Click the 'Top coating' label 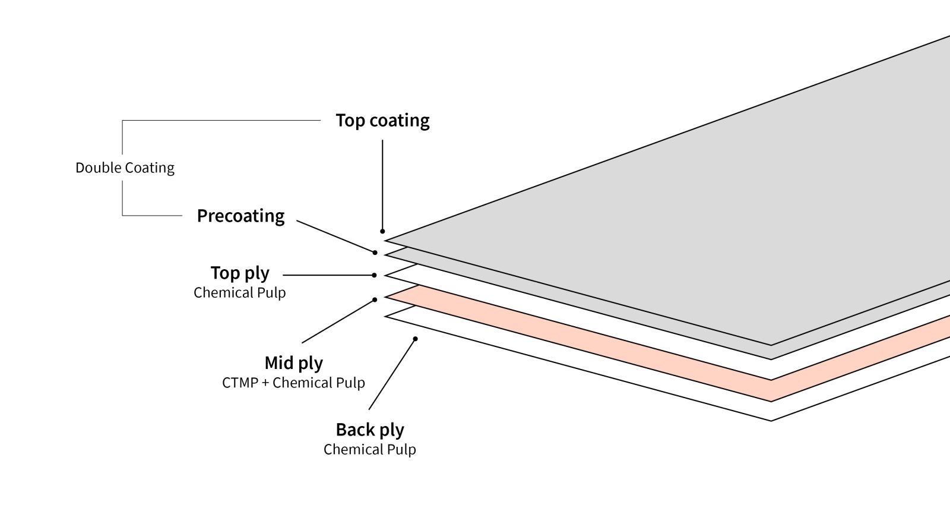click(x=382, y=121)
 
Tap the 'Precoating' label click(x=240, y=216)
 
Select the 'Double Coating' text click(x=125, y=168)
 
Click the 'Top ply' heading click(x=240, y=273)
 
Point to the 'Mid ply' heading click(x=293, y=363)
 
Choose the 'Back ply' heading click(x=369, y=430)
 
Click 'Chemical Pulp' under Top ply click(x=239, y=293)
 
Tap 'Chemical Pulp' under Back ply click(x=369, y=450)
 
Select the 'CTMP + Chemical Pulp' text click(x=293, y=383)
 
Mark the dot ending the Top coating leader click(x=382, y=231)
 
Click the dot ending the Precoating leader click(x=375, y=253)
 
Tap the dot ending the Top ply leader click(x=374, y=275)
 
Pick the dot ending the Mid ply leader click(x=375, y=299)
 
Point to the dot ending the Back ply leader click(x=416, y=339)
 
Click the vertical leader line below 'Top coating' click(x=382, y=184)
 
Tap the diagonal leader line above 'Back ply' click(x=392, y=374)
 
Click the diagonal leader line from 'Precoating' click(x=335, y=236)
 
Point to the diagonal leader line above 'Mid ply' click(x=338, y=321)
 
